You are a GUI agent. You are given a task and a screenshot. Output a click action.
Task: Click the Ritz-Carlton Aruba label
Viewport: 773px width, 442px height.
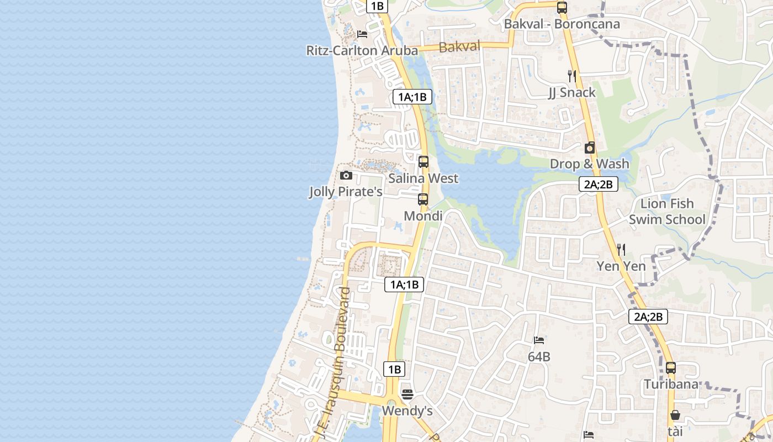[362, 50]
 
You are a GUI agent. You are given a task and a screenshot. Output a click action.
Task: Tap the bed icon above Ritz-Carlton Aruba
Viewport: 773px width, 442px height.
[362, 34]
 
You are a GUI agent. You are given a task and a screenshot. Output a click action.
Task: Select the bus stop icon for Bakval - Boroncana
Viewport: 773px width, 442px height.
[562, 8]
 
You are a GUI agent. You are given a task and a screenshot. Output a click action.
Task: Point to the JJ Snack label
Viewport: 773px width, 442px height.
[572, 92]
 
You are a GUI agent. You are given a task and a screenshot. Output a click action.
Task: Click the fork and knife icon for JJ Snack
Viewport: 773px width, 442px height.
[572, 76]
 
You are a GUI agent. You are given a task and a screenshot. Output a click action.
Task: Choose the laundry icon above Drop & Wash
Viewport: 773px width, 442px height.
[590, 148]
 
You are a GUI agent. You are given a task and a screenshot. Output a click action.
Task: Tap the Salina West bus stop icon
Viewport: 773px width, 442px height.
[423, 162]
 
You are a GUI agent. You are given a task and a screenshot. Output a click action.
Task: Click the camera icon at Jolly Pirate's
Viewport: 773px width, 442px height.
[346, 176]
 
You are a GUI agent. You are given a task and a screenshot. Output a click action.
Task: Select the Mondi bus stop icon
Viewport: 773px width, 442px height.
[423, 199]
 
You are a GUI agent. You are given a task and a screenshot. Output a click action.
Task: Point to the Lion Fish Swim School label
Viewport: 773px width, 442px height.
[667, 212]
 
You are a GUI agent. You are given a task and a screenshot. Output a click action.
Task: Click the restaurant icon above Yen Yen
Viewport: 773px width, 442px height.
[621, 250]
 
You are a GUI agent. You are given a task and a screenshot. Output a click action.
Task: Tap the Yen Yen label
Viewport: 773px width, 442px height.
[621, 266]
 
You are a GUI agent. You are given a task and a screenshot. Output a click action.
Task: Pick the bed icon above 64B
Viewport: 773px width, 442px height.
[539, 340]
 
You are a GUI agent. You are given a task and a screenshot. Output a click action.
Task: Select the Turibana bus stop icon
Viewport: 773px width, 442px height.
[671, 367]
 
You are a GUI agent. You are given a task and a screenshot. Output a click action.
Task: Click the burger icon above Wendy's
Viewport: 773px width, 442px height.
[407, 394]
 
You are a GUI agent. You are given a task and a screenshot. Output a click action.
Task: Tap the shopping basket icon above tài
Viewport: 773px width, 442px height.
[675, 415]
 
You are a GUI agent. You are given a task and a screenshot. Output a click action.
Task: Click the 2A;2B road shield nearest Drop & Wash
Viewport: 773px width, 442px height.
[598, 185]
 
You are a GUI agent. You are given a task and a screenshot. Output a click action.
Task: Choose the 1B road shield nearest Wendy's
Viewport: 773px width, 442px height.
[394, 369]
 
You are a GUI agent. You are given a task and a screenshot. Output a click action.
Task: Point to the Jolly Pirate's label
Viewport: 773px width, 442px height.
[346, 192]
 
